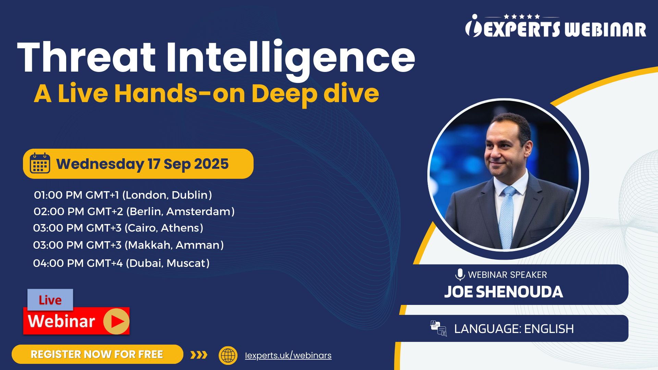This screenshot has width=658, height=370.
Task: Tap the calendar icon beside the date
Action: click(x=40, y=163)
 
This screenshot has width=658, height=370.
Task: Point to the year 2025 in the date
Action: click(x=211, y=164)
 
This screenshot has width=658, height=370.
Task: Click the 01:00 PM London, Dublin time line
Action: click(x=123, y=195)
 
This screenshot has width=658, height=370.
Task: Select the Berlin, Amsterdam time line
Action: click(x=134, y=211)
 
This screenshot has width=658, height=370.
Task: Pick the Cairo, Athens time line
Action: click(x=118, y=228)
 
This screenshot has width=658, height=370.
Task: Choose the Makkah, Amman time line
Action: click(x=129, y=245)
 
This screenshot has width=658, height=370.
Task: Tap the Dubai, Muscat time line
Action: click(x=121, y=263)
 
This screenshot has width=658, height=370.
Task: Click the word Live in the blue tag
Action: click(x=50, y=300)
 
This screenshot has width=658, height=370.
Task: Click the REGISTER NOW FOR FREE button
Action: click(x=97, y=354)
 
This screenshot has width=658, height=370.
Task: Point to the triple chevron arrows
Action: click(x=199, y=355)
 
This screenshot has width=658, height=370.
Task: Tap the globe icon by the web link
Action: click(x=228, y=355)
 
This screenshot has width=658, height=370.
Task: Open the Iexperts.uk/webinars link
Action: click(x=288, y=355)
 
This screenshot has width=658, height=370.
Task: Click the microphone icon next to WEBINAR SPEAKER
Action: click(x=460, y=275)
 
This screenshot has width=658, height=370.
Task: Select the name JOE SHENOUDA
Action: click(x=503, y=292)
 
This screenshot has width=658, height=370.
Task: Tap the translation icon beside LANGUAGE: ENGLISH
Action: click(x=438, y=328)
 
